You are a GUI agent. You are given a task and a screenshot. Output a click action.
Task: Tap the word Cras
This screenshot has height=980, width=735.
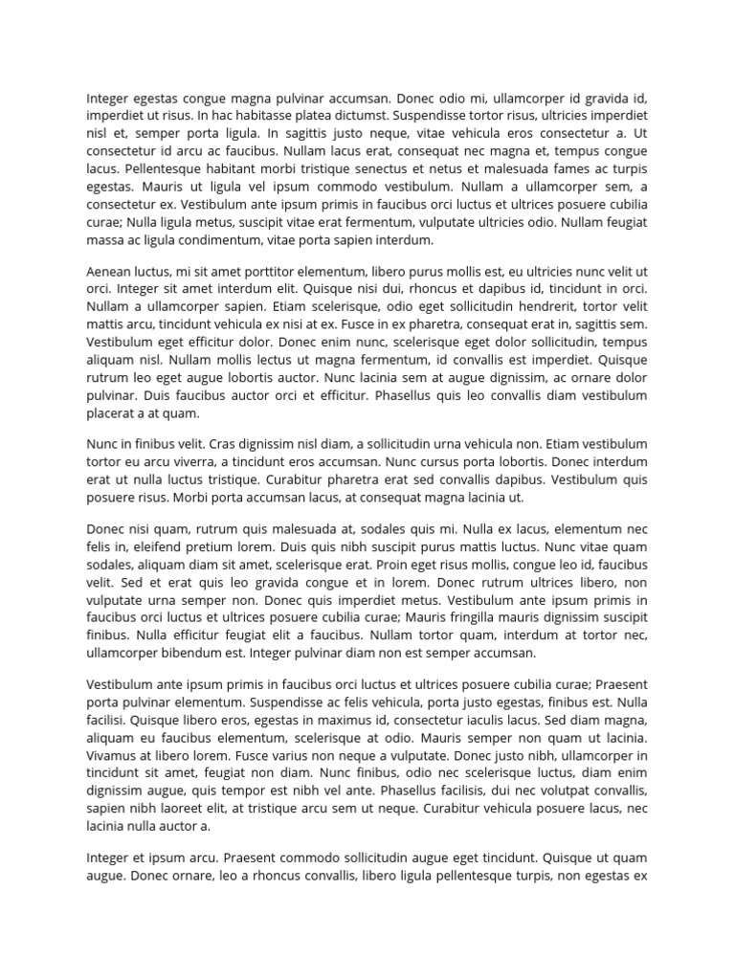tap(223, 445)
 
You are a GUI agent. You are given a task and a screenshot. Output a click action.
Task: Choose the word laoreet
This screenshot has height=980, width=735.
tap(189, 809)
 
